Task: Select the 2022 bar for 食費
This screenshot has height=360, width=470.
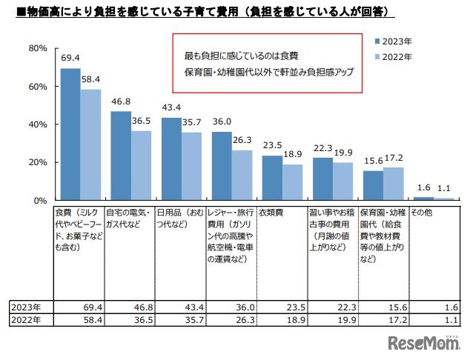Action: (x=90, y=145)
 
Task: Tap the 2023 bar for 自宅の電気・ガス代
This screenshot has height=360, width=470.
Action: (x=121, y=156)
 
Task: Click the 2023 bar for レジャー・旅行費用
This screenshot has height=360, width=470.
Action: (x=222, y=166)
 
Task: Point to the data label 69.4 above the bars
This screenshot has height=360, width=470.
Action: (x=71, y=57)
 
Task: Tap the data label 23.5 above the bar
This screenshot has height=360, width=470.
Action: (x=273, y=146)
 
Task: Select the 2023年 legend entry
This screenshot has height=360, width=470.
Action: (x=394, y=42)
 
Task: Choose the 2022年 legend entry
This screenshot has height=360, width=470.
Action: (x=394, y=57)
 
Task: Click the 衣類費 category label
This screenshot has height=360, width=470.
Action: (x=270, y=212)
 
